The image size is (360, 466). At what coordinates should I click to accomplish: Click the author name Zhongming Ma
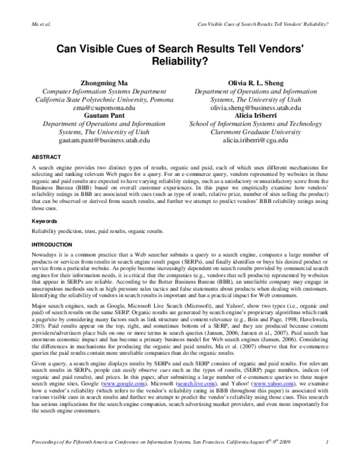point(97,82)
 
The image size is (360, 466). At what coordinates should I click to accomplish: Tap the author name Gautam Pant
point(97,116)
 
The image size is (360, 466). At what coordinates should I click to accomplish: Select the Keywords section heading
point(44,220)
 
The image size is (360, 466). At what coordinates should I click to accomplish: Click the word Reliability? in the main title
point(180,62)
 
